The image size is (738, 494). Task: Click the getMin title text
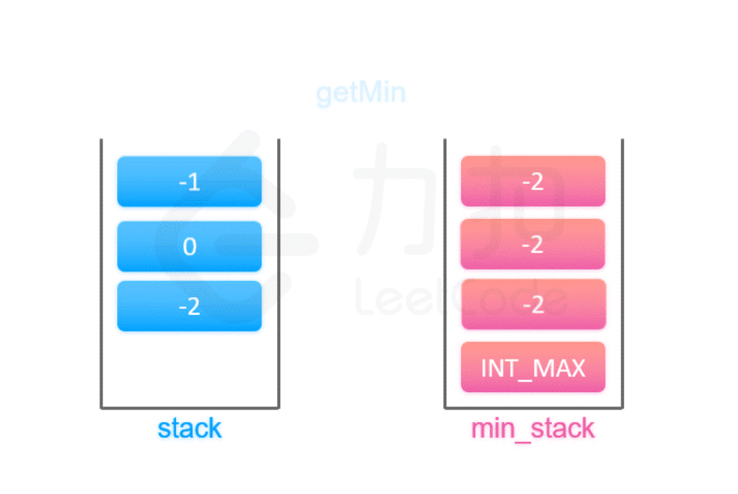[361, 93]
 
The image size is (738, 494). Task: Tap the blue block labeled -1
[189, 182]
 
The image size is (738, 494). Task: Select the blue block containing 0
[189, 246]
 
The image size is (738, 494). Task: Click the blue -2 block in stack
[189, 306]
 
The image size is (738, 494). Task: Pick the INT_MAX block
[533, 368]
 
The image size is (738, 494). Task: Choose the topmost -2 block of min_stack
[533, 182]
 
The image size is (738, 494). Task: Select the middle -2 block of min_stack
[533, 244]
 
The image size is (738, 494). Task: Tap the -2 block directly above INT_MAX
[533, 304]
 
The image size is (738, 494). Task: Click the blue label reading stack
[189, 429]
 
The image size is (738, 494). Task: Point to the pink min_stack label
[533, 429]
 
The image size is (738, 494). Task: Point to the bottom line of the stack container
[189, 408]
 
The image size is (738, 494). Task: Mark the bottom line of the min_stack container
[533, 408]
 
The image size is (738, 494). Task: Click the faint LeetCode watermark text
[459, 301]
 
